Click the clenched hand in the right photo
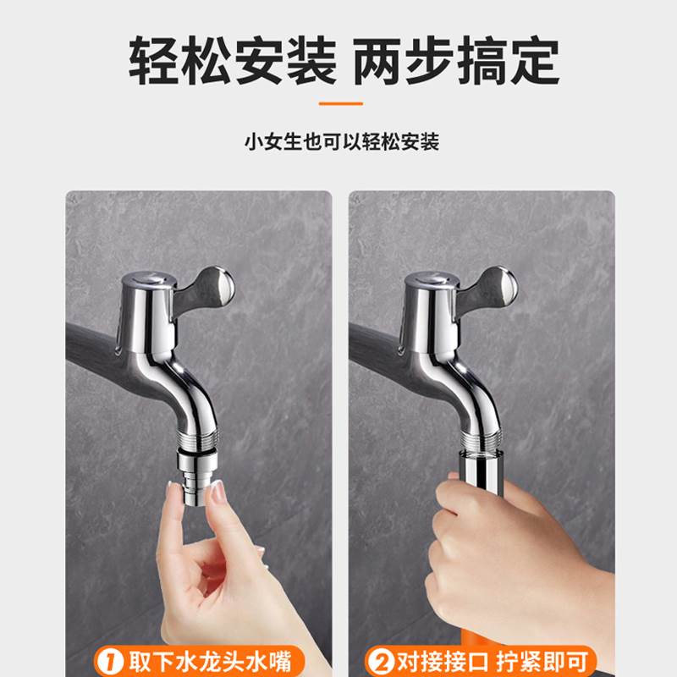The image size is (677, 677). [482, 542]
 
